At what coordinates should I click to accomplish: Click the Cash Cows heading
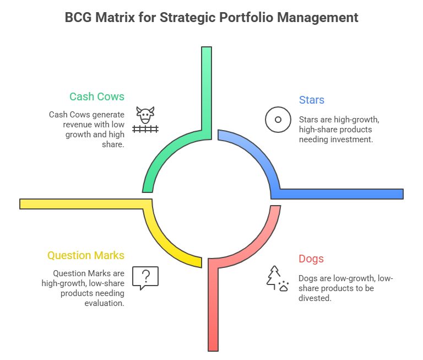[96, 96]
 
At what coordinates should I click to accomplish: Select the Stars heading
[311, 100]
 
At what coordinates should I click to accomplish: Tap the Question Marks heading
[85, 255]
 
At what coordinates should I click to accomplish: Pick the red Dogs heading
[311, 259]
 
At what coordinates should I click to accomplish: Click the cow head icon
[145, 115]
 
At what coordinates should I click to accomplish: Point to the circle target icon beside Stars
[278, 120]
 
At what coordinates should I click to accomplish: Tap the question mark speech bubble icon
[145, 278]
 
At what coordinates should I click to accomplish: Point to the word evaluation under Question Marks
[104, 303]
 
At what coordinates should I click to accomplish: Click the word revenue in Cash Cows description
[78, 125]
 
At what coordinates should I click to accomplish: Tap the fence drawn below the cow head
[145, 129]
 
